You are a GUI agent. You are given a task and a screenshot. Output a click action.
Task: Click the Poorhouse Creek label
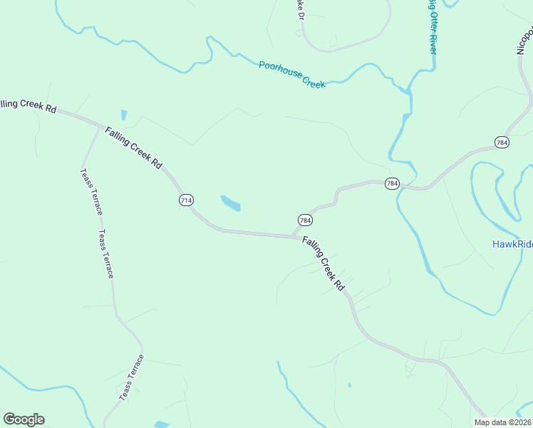click(x=291, y=74)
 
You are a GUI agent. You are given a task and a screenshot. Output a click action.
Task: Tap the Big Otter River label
click(x=433, y=26)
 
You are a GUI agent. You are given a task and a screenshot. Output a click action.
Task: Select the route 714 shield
click(x=186, y=200)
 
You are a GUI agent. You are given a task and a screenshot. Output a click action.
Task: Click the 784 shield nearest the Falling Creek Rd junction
click(x=304, y=220)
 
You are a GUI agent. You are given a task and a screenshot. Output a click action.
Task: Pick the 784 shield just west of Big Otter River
click(x=392, y=183)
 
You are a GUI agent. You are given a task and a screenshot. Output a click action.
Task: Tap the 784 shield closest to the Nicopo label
click(x=502, y=142)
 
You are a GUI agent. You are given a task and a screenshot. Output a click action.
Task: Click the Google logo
click(x=24, y=419)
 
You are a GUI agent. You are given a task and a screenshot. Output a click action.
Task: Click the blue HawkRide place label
click(x=512, y=244)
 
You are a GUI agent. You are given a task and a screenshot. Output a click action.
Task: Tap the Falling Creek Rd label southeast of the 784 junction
click(x=323, y=263)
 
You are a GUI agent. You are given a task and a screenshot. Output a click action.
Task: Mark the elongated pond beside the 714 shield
click(x=230, y=203)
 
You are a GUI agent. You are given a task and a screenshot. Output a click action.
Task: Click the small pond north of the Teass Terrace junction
click(x=124, y=114)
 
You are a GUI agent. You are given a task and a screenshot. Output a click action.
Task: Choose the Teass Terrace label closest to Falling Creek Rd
click(x=90, y=191)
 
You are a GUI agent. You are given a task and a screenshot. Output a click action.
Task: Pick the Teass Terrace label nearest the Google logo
click(x=131, y=377)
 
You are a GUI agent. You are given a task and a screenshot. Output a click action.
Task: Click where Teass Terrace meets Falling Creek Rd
click(x=99, y=128)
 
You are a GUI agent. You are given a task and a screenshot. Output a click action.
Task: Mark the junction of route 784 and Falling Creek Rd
click(x=291, y=237)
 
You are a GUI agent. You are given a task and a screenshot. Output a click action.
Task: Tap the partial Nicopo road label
click(x=524, y=41)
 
